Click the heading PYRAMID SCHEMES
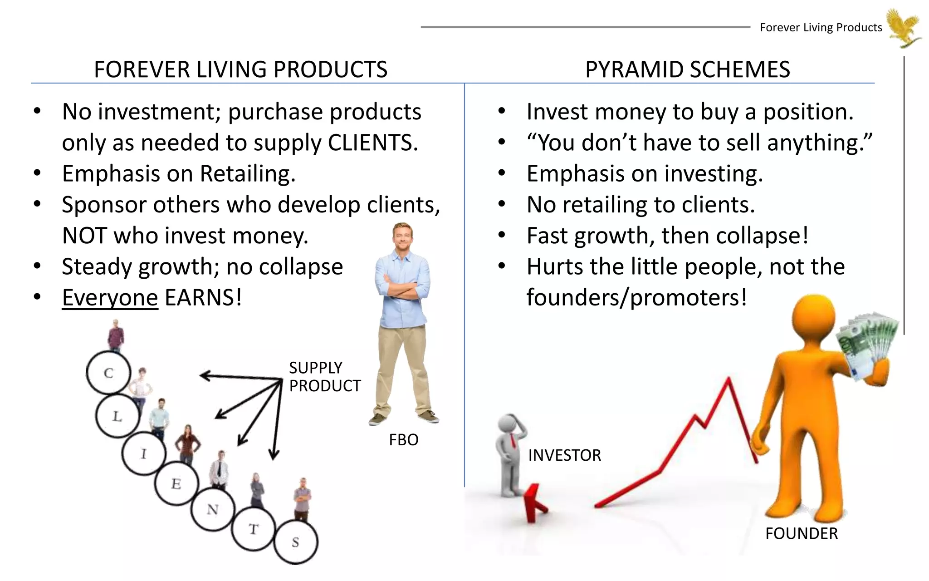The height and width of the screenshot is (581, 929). click(x=687, y=69)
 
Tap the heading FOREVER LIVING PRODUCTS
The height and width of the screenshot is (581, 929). click(x=240, y=69)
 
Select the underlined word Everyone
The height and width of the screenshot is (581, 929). click(x=110, y=298)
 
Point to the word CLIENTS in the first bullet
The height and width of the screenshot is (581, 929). click(x=372, y=143)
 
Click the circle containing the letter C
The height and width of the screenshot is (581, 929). click(x=108, y=373)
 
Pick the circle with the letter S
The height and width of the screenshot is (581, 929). click(x=296, y=542)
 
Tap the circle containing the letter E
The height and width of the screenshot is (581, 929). click(x=176, y=484)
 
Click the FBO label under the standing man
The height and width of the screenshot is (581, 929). click(x=403, y=440)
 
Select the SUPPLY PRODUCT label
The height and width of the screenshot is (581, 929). click(x=324, y=377)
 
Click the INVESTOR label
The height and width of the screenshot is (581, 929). click(x=564, y=455)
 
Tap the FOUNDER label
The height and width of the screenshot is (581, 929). click(x=801, y=533)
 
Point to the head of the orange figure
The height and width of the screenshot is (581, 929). click(x=814, y=320)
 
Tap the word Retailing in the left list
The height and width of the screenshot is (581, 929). click(x=248, y=174)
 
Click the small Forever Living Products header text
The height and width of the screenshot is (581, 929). click(x=821, y=28)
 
